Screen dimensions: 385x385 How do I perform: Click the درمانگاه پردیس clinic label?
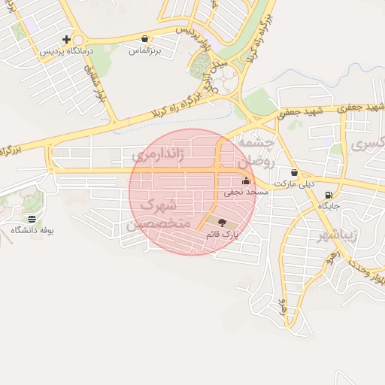pos(67,51)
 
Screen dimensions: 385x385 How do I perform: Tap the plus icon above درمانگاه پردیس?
pos(67,39)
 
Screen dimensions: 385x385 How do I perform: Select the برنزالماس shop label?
pos(144,50)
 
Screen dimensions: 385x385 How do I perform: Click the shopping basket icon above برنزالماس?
pos(144,38)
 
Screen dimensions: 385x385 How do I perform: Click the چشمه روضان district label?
pos(256,150)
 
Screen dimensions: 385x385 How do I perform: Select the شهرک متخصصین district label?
pos(157,214)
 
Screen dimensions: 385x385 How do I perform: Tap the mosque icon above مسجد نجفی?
pos(247,180)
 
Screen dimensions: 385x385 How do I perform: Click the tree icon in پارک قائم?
pos(221,223)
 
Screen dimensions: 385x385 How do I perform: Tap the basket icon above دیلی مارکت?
pos(293,172)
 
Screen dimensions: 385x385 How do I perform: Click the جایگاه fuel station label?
pos(329,205)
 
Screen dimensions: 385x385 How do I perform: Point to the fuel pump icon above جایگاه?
pos(329,195)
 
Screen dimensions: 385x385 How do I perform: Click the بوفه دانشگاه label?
pos(32,229)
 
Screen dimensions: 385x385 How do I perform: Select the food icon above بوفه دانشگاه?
pos(32,218)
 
